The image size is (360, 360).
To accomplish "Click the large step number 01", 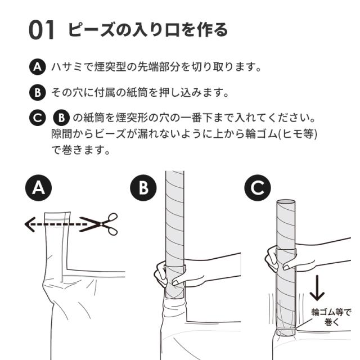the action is point(41,30).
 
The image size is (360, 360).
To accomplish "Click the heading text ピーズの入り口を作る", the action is point(147,30).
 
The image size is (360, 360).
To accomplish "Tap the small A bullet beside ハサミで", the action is point(38,67).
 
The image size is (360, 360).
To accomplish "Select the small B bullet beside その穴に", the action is point(38,92).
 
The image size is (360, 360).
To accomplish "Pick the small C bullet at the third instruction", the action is point(38,118).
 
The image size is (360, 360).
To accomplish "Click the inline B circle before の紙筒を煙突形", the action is point(61,118).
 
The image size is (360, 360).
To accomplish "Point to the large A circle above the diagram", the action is point(38,188).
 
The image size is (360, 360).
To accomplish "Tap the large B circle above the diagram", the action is point(143,188).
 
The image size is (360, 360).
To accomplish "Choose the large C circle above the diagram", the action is point(258,188).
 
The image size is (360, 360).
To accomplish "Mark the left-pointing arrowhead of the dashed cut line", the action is point(30,224).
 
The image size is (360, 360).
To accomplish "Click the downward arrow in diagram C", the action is point(317,288).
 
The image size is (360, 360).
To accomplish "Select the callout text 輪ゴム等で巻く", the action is point(331,317).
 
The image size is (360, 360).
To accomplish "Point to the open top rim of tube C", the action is point(286,202).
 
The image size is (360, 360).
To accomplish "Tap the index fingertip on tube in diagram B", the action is point(175,282).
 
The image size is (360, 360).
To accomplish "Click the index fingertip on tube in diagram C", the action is point(286,267).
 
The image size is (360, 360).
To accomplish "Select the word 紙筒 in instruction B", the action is point(137,92).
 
